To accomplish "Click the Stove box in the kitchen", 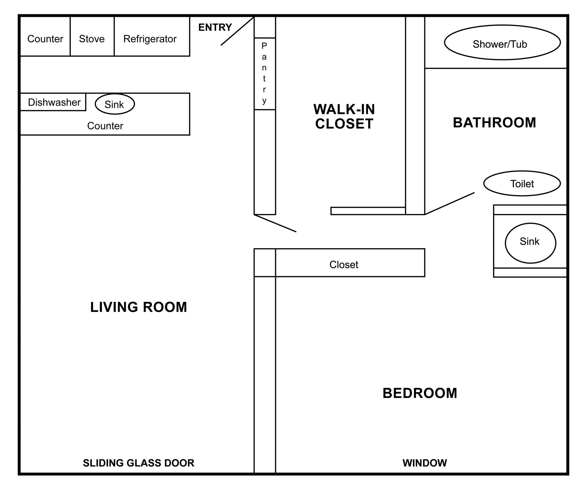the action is (92, 36).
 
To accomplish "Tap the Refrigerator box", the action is (152, 36).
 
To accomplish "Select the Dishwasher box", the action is (53, 102).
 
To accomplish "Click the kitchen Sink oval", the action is (115, 104).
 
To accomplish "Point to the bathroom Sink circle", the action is (530, 243).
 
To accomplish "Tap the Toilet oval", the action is (522, 183).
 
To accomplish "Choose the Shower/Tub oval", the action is (502, 42).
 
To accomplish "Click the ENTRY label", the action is (215, 27).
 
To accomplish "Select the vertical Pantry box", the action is (265, 74).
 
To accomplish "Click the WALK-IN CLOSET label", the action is (344, 117).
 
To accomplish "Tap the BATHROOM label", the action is (495, 123).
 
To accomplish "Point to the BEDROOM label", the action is (420, 393).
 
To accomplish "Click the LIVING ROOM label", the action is (139, 307).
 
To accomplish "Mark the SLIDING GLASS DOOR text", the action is (139, 463).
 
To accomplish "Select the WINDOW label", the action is (425, 463).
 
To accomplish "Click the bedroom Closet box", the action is (350, 263).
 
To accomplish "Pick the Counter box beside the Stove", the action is (45, 36).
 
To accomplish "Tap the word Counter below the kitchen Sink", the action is (105, 126).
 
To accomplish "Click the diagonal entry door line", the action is (237, 31).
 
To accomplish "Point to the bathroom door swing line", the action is (450, 203).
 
